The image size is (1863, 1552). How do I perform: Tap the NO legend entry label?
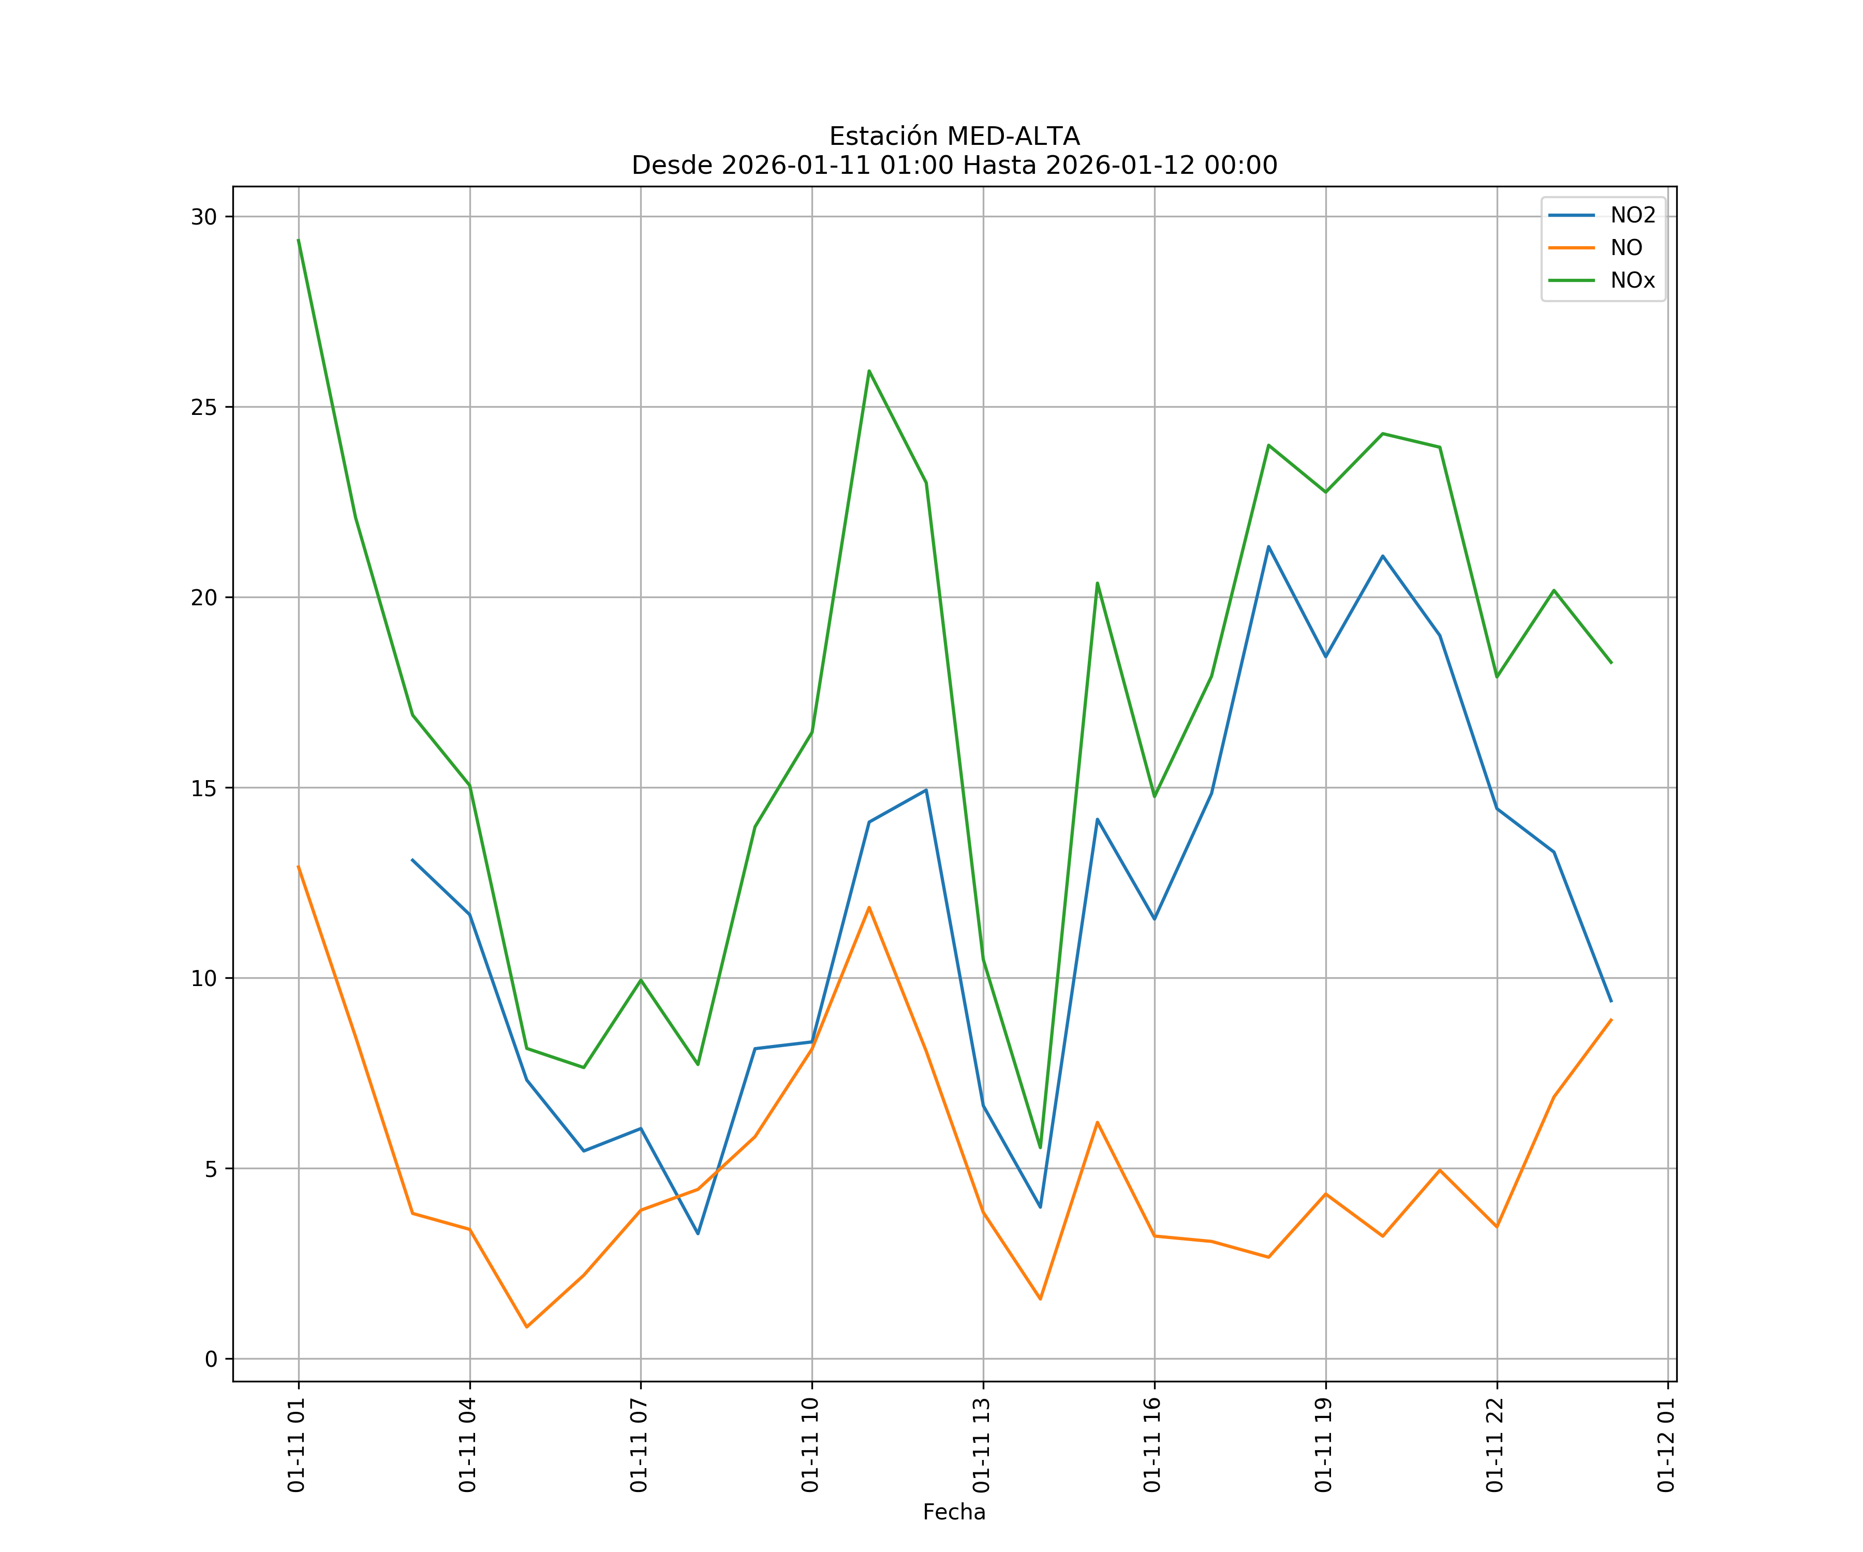coord(1626,248)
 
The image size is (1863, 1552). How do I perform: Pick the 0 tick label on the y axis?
coord(211,1359)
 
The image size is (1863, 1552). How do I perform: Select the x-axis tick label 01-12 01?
coord(1666,1445)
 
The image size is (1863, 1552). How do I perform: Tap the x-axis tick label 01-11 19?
coord(1324,1445)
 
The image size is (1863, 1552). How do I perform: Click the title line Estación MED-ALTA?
coord(954,137)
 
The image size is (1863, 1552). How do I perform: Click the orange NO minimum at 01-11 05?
coord(527,1327)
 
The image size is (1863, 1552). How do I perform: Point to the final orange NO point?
coord(1611,1020)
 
